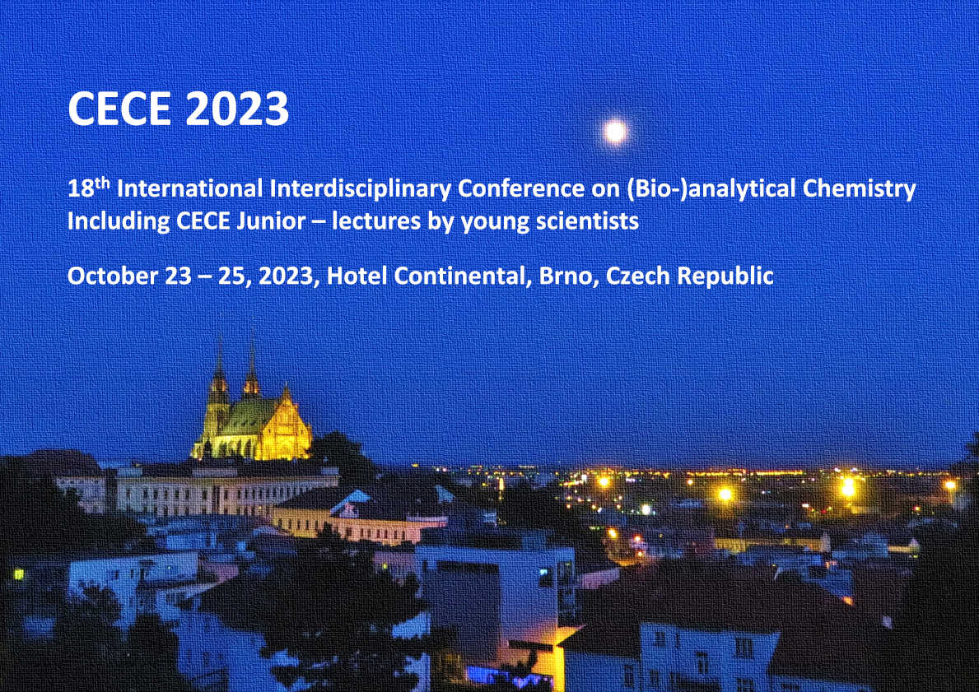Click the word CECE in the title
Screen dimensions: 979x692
pos(118,109)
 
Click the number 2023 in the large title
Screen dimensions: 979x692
pos(235,109)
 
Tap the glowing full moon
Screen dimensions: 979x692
pos(615,130)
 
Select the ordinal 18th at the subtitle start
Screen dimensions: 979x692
pos(89,188)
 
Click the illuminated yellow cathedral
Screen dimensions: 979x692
pos(252,412)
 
